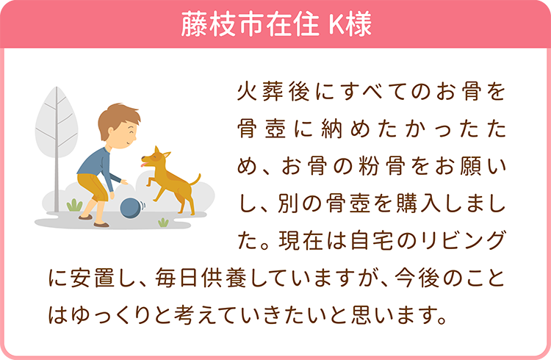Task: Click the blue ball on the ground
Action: [x=131, y=208]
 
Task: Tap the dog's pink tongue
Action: [x=143, y=164]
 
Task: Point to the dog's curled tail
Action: [x=195, y=180]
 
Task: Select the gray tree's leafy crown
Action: [x=57, y=122]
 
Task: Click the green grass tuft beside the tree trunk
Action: [x=74, y=205]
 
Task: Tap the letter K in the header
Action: [x=336, y=24]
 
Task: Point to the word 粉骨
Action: [x=382, y=166]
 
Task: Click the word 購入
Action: [x=418, y=204]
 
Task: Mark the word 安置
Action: [x=93, y=278]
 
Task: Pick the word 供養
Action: [x=223, y=278]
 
